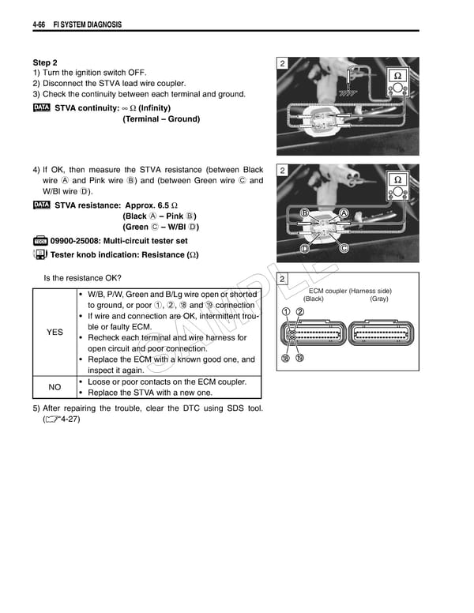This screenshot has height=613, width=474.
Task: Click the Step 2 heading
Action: click(45, 62)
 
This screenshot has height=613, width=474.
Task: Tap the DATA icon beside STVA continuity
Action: click(42, 107)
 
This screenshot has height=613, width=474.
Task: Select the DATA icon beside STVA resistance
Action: click(42, 205)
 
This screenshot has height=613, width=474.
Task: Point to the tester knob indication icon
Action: click(40, 254)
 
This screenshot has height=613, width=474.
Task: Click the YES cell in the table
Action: click(55, 333)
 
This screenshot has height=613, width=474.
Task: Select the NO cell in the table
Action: click(55, 387)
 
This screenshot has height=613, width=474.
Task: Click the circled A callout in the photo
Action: click(344, 213)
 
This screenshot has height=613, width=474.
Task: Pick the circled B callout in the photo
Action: click(304, 213)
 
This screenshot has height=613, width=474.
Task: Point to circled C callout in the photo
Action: click(344, 248)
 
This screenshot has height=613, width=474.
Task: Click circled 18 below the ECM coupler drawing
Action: click(286, 359)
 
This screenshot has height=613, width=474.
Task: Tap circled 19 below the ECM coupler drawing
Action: click(300, 359)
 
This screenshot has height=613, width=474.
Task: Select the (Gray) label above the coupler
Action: click(378, 299)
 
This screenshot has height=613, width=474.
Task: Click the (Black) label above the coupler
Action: click(314, 299)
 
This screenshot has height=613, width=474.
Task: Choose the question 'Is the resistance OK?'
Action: click(82, 277)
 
